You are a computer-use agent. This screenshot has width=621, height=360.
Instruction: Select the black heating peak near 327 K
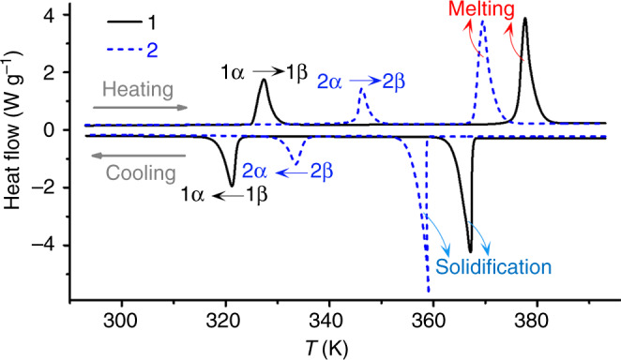click(x=264, y=81)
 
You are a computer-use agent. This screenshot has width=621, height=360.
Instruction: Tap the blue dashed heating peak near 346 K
click(x=362, y=90)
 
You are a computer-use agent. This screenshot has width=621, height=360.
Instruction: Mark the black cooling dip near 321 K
click(x=232, y=185)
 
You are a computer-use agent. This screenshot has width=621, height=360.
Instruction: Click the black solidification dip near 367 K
click(x=470, y=250)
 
